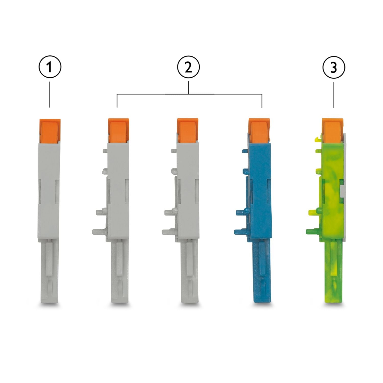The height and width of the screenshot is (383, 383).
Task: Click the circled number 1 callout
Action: (50, 67)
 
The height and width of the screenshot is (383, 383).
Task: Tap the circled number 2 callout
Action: (188, 67)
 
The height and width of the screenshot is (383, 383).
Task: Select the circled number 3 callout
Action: (334, 67)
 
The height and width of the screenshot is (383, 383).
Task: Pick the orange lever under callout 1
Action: (50, 130)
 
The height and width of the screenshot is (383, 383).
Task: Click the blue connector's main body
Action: (259, 192)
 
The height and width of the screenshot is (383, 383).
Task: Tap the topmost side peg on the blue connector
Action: (244, 151)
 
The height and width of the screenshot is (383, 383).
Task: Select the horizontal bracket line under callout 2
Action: (189, 94)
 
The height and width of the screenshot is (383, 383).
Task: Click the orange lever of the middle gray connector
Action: (188, 130)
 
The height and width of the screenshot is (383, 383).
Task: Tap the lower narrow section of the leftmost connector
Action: (50, 271)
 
